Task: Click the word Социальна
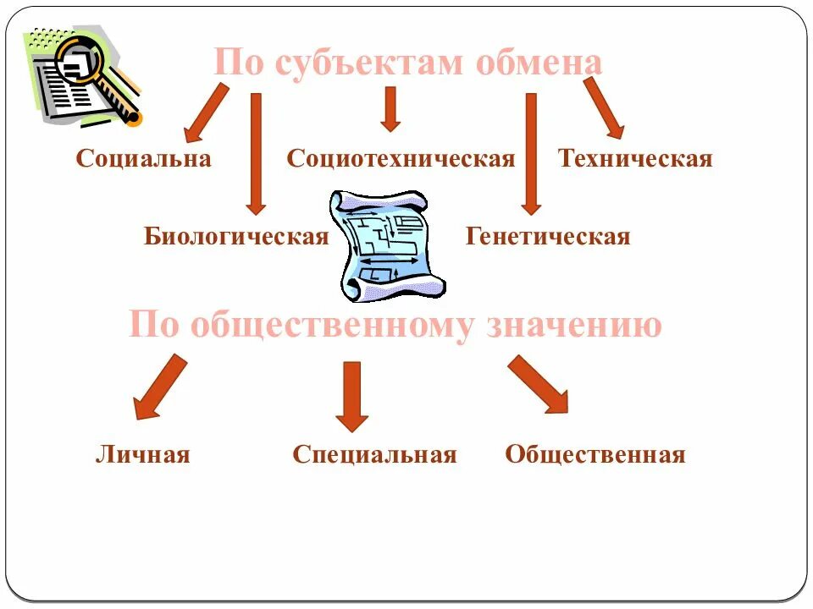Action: (x=143, y=158)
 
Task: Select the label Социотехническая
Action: (x=401, y=158)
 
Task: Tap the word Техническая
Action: (x=635, y=158)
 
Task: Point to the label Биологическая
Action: (x=235, y=236)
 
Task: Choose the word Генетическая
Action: (x=548, y=236)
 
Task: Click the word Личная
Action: (x=142, y=454)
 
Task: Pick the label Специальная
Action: (x=374, y=454)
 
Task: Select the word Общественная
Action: (x=595, y=454)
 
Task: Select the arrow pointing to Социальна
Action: (x=206, y=112)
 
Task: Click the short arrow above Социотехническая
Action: (x=390, y=109)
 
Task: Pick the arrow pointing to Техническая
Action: (x=604, y=107)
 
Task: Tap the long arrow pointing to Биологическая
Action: (x=256, y=152)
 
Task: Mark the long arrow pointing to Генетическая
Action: (x=531, y=152)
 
